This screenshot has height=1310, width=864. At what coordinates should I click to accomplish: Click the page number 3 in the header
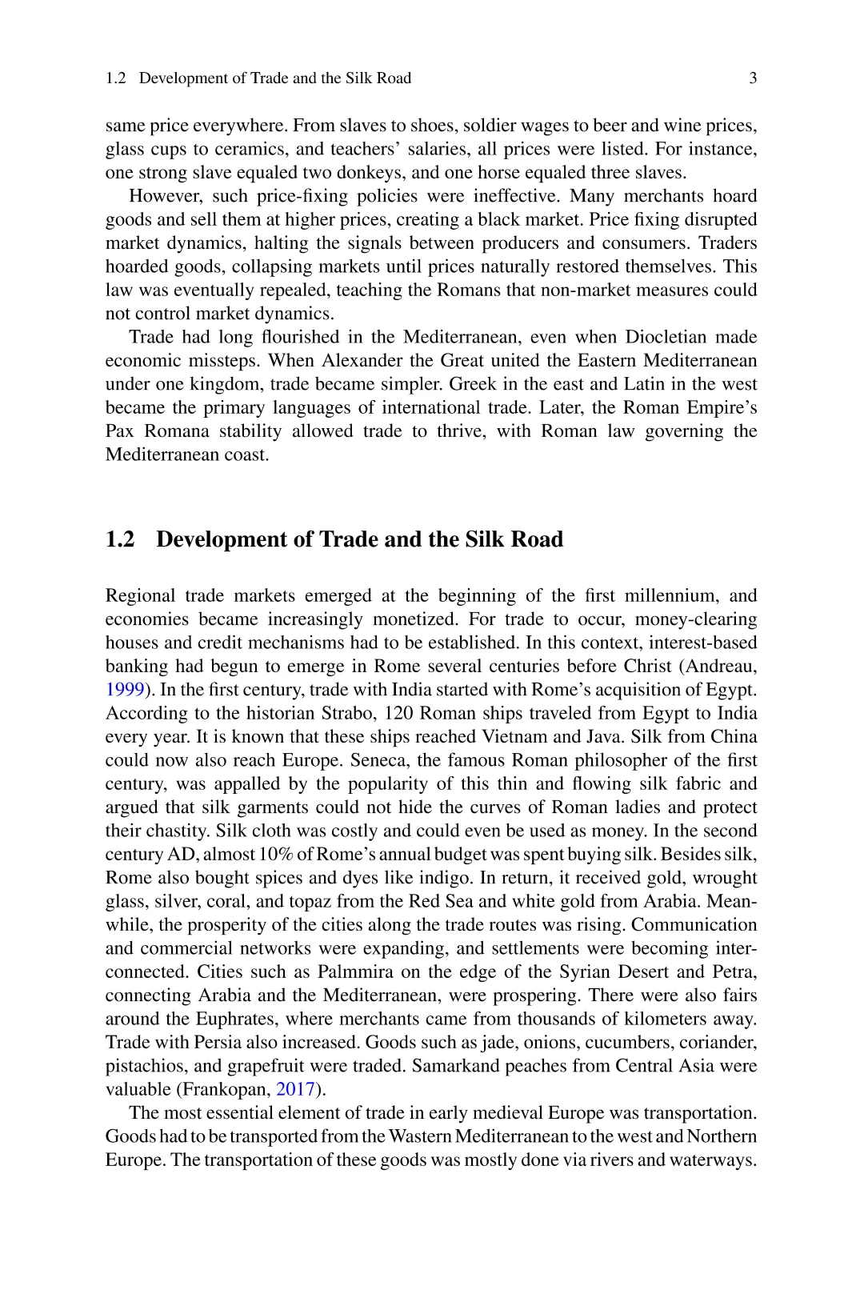pyautogui.click(x=753, y=78)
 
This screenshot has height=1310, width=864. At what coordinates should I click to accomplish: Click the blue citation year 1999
pyautogui.click(x=125, y=690)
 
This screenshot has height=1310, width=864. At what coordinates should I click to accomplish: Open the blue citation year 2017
pyautogui.click(x=295, y=1089)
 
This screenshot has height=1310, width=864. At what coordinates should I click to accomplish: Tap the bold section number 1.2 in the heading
pyautogui.click(x=120, y=539)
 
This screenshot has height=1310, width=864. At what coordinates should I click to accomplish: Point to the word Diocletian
pyautogui.click(x=666, y=337)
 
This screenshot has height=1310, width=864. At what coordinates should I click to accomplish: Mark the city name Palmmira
pyautogui.click(x=355, y=972)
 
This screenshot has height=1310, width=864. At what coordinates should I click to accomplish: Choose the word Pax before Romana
pyautogui.click(x=120, y=431)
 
